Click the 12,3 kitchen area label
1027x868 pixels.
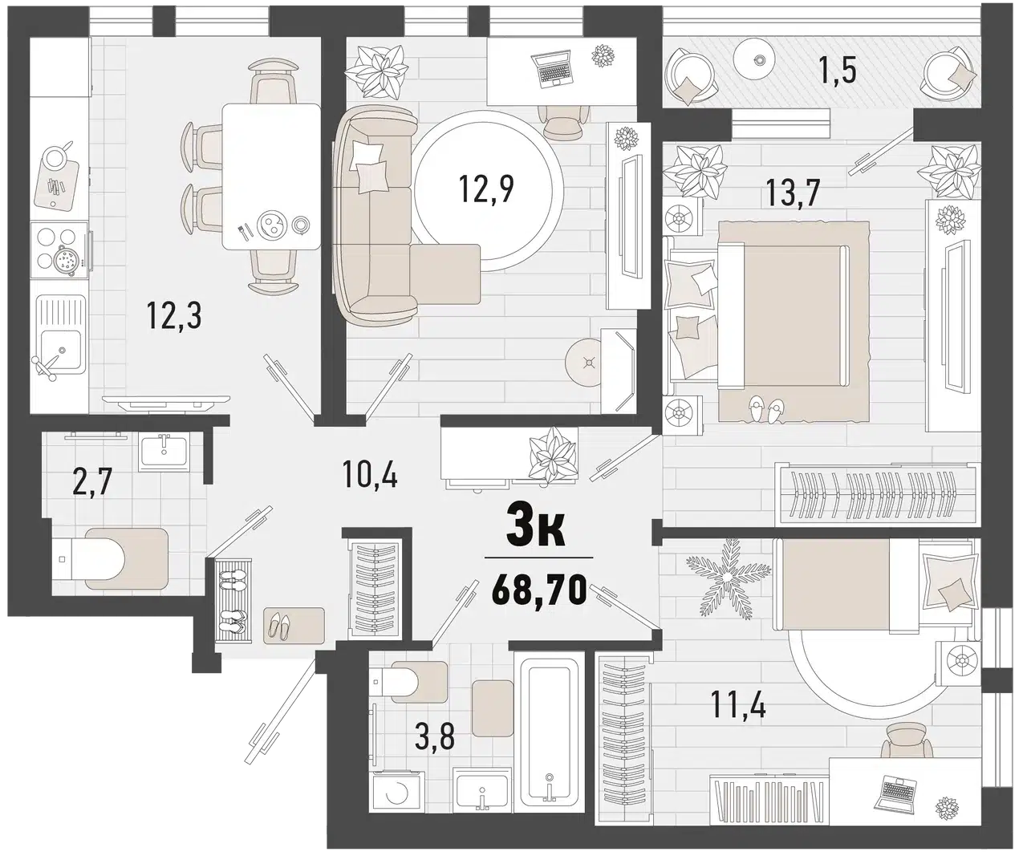tap(174, 316)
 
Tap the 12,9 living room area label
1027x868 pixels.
tap(486, 189)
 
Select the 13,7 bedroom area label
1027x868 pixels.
tap(793, 193)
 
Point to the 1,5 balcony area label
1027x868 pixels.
tap(838, 71)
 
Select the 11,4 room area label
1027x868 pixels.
tap(738, 704)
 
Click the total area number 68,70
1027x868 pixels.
tap(538, 590)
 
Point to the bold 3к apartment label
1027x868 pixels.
tap(535, 529)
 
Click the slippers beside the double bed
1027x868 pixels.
tap(765, 409)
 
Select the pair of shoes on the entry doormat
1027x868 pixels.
tap(280, 626)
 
